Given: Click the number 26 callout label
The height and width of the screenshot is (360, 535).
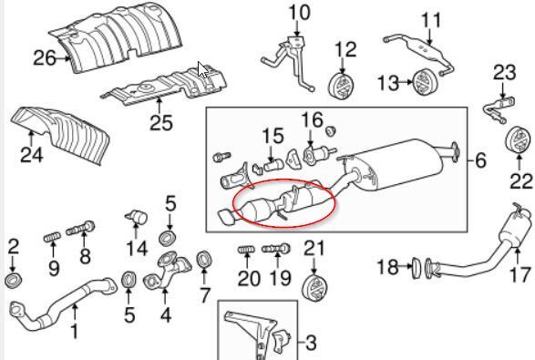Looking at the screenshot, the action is pyautogui.click(x=45, y=58).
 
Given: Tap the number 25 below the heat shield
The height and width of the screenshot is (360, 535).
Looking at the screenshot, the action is pyautogui.click(x=161, y=122).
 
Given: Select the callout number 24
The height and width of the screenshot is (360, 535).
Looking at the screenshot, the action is pyautogui.click(x=32, y=155).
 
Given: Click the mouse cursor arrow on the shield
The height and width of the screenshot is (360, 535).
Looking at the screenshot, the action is pyautogui.click(x=203, y=69).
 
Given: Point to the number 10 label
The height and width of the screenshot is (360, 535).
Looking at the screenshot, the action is pyautogui.click(x=299, y=13).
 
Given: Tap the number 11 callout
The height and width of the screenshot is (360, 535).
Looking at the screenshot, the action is pyautogui.click(x=431, y=20).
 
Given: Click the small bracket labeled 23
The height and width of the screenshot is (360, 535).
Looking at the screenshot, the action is pyautogui.click(x=499, y=108).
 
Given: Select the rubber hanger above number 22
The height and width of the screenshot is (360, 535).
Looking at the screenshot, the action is pyautogui.click(x=518, y=140).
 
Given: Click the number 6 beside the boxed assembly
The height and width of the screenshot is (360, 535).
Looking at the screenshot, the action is pyautogui.click(x=480, y=160).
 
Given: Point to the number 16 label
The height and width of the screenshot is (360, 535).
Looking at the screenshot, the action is pyautogui.click(x=313, y=120).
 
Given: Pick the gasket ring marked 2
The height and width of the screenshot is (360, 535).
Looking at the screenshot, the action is pyautogui.click(x=14, y=280).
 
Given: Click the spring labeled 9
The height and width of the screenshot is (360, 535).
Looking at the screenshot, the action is pyautogui.click(x=53, y=237).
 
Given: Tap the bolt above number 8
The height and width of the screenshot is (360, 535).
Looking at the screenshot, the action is pyautogui.click(x=80, y=228).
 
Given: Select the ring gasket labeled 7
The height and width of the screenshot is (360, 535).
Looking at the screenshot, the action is pyautogui.click(x=204, y=261).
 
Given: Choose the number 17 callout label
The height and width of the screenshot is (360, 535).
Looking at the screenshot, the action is pyautogui.click(x=520, y=274).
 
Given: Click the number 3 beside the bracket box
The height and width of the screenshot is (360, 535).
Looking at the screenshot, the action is pyautogui.click(x=310, y=343).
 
